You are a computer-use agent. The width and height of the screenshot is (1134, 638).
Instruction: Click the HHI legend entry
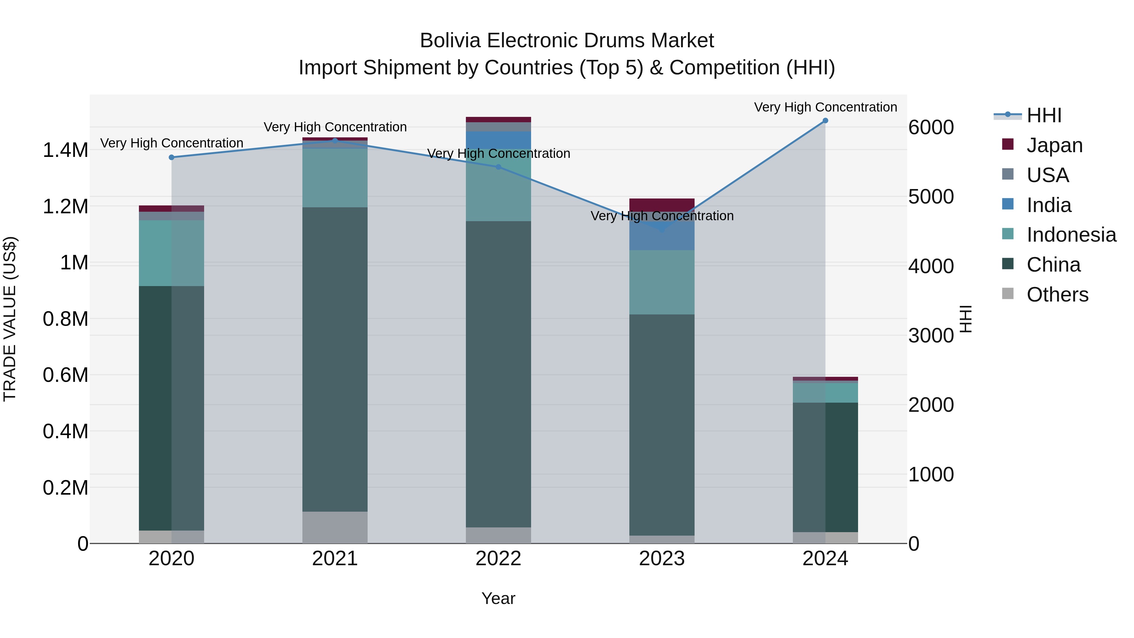pyautogui.click(x=1043, y=115)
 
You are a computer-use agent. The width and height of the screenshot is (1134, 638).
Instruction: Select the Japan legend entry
pyautogui.click(x=1054, y=145)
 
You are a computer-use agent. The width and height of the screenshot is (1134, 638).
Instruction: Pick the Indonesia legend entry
pyautogui.click(x=1071, y=235)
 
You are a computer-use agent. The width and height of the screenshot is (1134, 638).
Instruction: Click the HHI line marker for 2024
pyautogui.click(x=825, y=121)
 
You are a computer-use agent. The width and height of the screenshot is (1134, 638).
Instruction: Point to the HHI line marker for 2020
pyautogui.click(x=172, y=157)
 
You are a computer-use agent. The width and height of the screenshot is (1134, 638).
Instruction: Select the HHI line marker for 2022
pyautogui.click(x=498, y=167)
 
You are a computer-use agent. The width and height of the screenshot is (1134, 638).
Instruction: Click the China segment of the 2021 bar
pyautogui.click(x=335, y=359)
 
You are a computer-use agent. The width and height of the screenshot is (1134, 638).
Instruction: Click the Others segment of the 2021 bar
pyautogui.click(x=335, y=527)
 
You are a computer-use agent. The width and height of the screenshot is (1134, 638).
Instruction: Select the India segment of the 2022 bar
pyautogui.click(x=498, y=140)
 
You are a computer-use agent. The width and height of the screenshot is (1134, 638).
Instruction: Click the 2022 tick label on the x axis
pyautogui.click(x=498, y=559)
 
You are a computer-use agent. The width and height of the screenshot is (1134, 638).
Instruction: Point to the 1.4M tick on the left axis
pyautogui.click(x=65, y=151)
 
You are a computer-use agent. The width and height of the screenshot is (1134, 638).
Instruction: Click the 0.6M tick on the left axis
pyautogui.click(x=65, y=375)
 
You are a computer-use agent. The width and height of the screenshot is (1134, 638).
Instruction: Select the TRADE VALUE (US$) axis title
pyautogui.click(x=10, y=319)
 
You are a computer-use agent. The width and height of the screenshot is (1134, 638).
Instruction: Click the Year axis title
pyautogui.click(x=498, y=598)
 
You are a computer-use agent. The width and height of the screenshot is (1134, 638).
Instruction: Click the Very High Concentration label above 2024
pyautogui.click(x=825, y=107)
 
